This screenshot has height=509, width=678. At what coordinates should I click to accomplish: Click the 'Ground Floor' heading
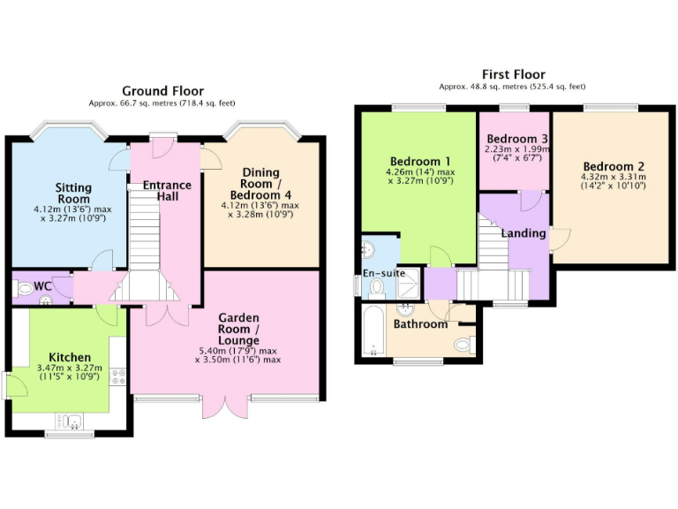pyautogui.click(x=162, y=91)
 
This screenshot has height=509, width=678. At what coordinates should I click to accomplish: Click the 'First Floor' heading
pyautogui.click(x=513, y=74)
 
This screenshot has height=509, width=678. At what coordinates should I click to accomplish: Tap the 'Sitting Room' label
pyautogui.click(x=73, y=194)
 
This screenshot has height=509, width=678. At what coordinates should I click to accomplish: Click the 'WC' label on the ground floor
pyautogui.click(x=43, y=287)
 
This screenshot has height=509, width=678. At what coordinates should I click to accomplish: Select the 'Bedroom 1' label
pyautogui.click(x=420, y=161)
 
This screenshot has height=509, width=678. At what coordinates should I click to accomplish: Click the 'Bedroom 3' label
pyautogui.click(x=517, y=139)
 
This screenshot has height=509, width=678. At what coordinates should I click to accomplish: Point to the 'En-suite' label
pyautogui.click(x=385, y=273)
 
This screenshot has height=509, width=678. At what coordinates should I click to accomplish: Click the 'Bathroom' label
pyautogui.click(x=421, y=324)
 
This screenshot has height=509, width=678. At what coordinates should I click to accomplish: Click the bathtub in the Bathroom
pyautogui.click(x=373, y=331)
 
